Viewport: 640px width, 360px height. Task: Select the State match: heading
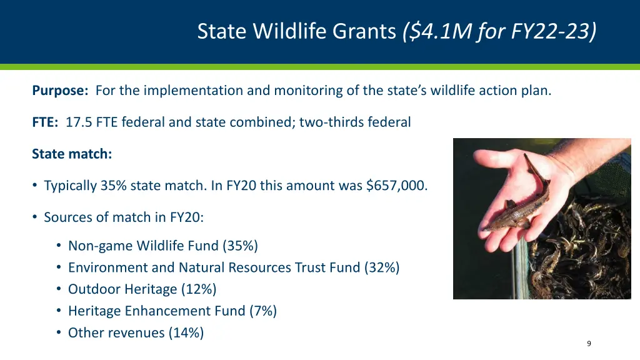[x=72, y=154]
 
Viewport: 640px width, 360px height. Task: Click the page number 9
[x=589, y=344]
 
